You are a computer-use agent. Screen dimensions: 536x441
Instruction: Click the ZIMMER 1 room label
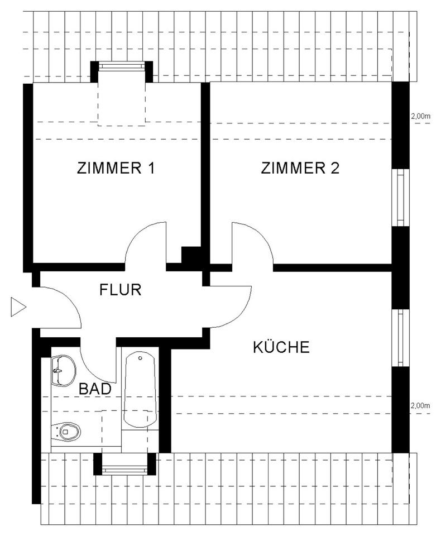[x=116, y=168]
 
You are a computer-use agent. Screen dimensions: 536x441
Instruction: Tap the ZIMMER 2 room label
[x=300, y=168]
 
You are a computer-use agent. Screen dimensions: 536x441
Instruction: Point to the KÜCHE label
[x=281, y=348]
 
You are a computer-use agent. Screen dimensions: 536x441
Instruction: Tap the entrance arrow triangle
[x=18, y=307]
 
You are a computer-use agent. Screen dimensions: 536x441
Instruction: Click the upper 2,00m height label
[x=420, y=116]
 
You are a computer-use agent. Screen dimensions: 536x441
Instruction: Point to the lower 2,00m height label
[x=420, y=405]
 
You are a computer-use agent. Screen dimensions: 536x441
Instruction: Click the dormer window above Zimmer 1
[x=123, y=66]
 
